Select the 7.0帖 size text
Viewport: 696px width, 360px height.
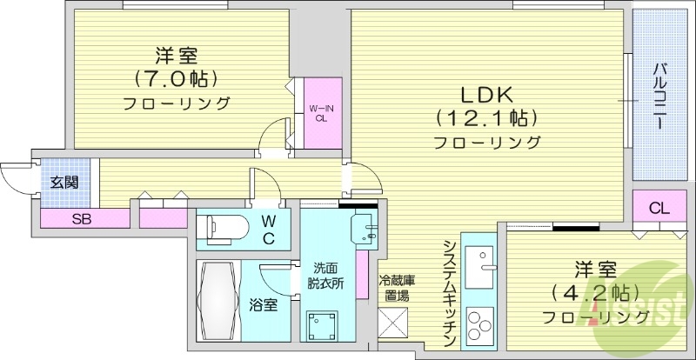176,80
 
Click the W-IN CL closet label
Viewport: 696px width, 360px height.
320,112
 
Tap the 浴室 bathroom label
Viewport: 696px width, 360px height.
263,306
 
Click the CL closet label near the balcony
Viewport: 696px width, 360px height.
659,208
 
